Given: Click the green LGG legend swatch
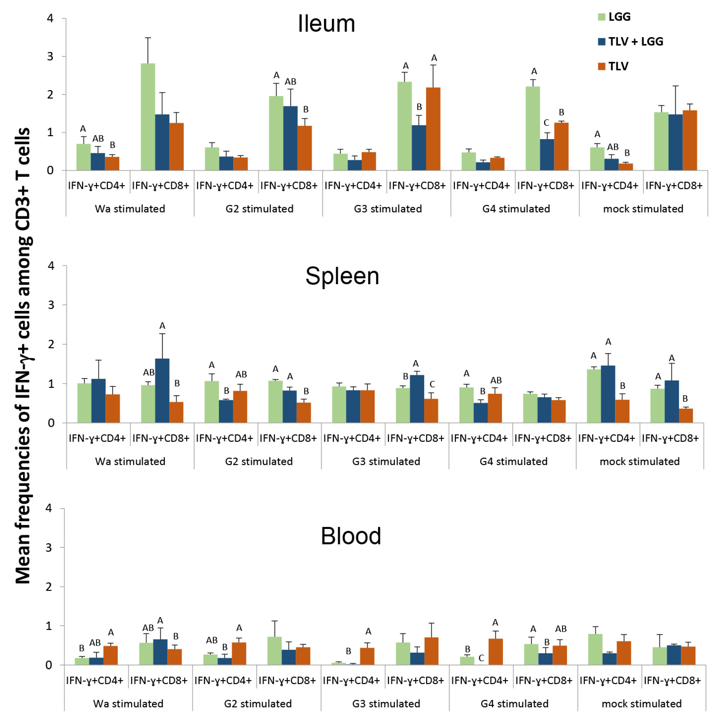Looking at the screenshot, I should pyautogui.click(x=601, y=17).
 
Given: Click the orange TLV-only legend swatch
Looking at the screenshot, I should pyautogui.click(x=601, y=66).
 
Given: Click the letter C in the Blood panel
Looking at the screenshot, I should pyautogui.click(x=481, y=658).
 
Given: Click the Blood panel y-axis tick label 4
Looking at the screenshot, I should pyautogui.click(x=48, y=508).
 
